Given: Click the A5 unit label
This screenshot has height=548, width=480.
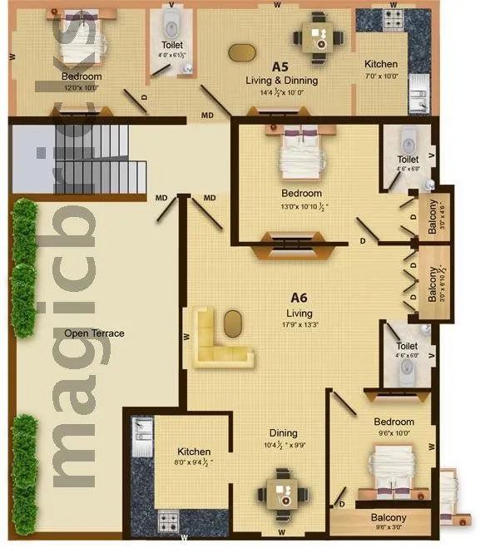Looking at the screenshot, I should tap(280, 66).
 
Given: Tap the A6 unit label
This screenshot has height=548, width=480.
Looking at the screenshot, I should tap(299, 298).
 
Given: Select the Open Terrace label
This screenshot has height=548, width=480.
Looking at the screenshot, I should tap(94, 333).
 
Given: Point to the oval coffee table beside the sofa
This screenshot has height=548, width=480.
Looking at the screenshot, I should tap(234, 321).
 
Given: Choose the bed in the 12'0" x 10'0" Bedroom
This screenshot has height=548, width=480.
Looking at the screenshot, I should tap(82, 42).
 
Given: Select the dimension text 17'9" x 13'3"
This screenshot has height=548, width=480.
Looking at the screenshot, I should tap(299, 324).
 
